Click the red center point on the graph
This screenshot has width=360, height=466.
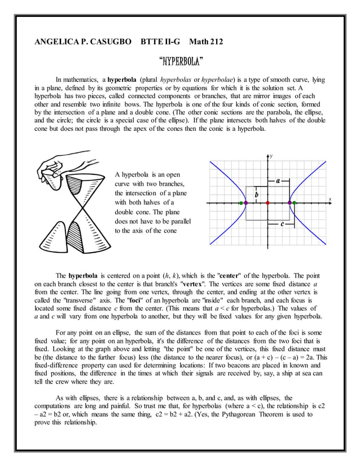(267, 202)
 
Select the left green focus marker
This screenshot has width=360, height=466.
(241, 202)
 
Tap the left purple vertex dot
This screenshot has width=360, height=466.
(245, 202)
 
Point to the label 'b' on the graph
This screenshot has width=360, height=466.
(257, 194)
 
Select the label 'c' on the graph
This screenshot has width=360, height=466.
(282, 223)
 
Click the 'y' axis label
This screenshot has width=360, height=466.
(271, 155)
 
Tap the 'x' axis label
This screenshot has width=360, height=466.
(330, 199)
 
